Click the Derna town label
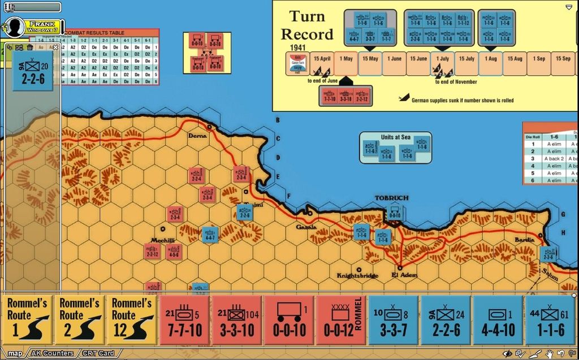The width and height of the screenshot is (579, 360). coord(197,136)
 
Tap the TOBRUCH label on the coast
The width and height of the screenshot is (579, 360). coord(391,198)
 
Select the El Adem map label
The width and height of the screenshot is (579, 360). coord(404,275)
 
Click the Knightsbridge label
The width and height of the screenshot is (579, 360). coord(357,276)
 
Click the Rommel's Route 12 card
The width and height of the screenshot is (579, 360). coord(131,320)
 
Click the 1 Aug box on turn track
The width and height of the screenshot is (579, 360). coord(490,59)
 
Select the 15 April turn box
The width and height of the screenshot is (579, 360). coord(321,59)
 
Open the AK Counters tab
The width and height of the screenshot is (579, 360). coord(52,354)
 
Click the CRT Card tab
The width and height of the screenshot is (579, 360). coord(98,354)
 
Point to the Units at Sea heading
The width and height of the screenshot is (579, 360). coord(395,137)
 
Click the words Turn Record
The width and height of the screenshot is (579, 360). coord(307,25)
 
